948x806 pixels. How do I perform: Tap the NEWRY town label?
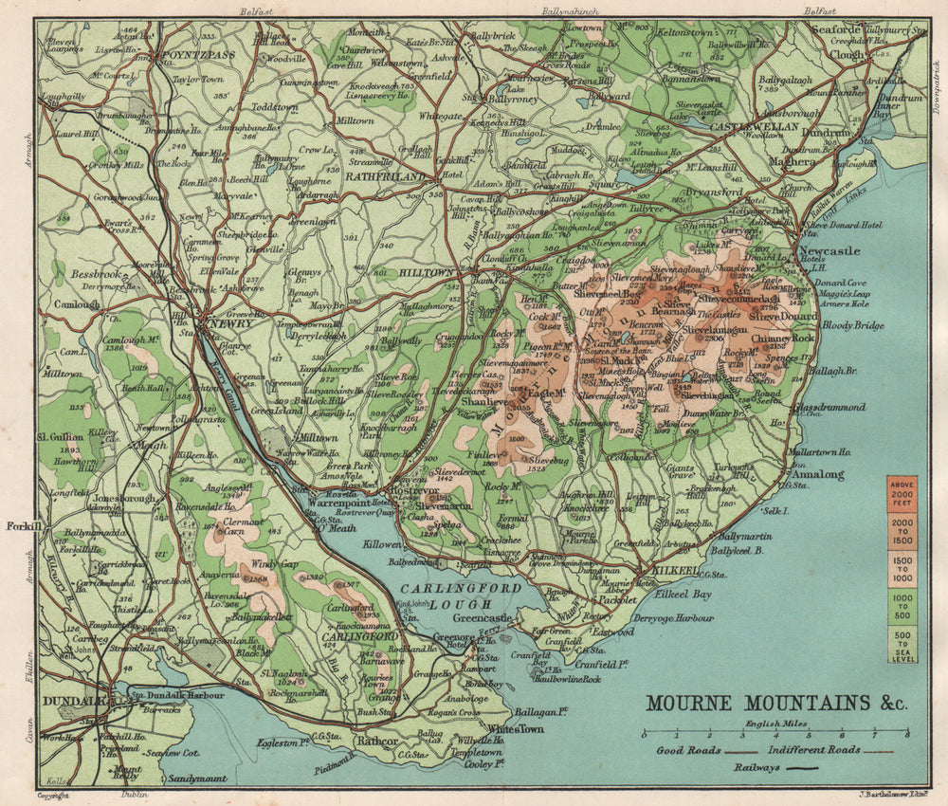tap(229, 324)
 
